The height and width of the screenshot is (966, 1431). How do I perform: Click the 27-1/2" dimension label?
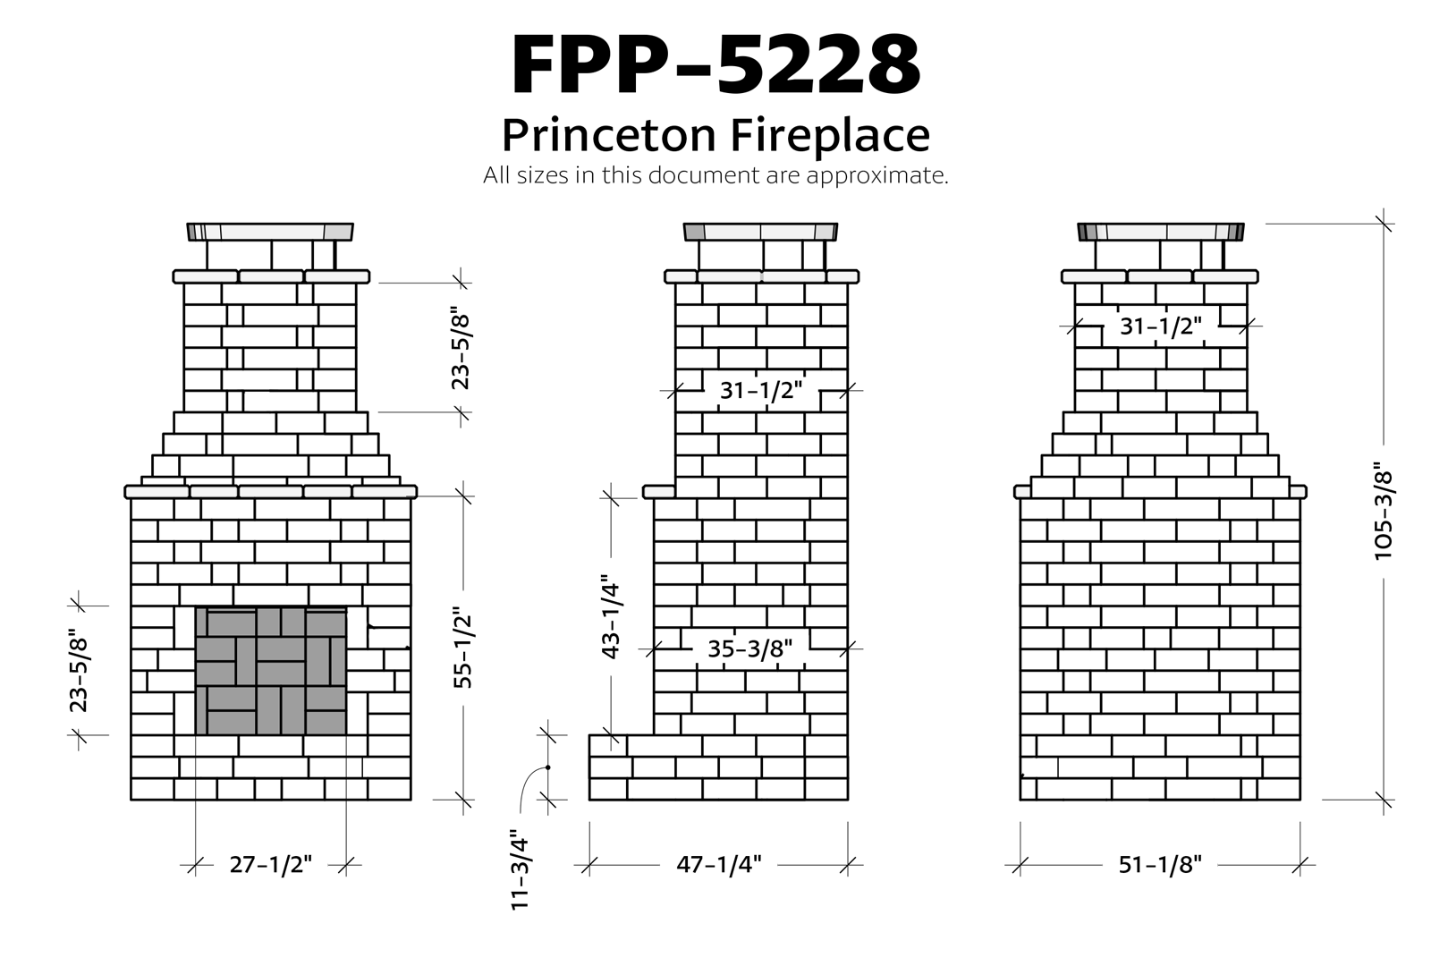coord(270,865)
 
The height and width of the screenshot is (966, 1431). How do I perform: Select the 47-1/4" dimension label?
coord(719,865)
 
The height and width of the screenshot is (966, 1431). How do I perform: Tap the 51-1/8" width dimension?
coord(1160,865)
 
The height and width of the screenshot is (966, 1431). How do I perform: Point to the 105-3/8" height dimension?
coord(1383,512)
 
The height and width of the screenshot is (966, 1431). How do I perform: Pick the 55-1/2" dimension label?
coord(462,648)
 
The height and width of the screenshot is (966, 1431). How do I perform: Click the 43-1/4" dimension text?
coord(611,616)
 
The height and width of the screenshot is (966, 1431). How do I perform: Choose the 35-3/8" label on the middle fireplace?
coord(749,648)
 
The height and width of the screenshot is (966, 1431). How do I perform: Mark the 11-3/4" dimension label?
coord(521,871)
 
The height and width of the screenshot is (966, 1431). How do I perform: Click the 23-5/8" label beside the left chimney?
coord(461,348)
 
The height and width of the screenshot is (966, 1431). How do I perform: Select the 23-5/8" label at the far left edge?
coord(79,672)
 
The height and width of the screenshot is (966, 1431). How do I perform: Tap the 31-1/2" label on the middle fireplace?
coord(761,390)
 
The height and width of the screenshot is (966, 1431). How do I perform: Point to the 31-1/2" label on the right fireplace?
coord(1161,326)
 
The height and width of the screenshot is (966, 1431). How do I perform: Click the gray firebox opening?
coord(271,671)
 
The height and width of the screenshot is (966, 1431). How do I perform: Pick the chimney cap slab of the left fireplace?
coord(270,232)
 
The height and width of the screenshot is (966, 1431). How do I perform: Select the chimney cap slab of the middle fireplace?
coord(760,232)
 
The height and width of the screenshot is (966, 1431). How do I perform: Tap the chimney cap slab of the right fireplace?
coord(1160,232)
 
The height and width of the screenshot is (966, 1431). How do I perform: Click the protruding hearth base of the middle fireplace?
coord(622,767)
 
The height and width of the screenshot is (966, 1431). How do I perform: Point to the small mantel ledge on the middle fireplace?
coord(660,492)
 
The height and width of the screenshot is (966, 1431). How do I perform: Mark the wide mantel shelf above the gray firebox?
coord(270,491)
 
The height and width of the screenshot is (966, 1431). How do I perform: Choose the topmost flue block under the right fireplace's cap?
coord(1160,254)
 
